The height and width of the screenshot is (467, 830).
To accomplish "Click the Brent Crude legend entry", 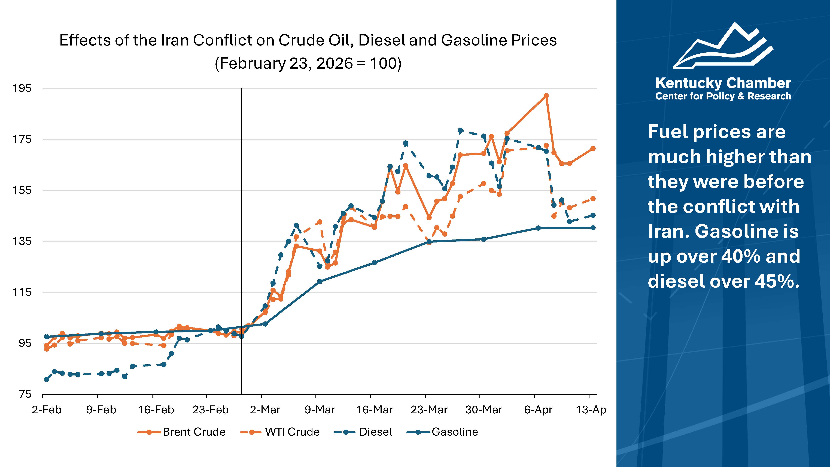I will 182,432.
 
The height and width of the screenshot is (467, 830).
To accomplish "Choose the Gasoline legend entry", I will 443,432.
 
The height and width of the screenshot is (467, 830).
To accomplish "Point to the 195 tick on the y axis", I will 22,88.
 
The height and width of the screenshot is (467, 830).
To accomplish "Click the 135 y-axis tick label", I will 22,241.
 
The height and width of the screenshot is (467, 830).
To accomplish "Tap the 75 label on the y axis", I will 25,394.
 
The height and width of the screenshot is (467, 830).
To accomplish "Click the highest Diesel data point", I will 460,131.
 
